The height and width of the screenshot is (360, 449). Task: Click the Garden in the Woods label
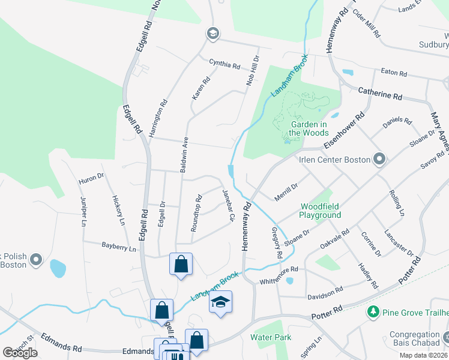pyautogui.click(x=309, y=127)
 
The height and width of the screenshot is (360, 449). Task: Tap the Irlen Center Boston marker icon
pyautogui.click(x=379, y=160)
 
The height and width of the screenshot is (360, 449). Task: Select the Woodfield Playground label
pyautogui.click(x=321, y=210)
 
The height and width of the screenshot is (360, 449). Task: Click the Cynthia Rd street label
pyautogui.click(x=224, y=62)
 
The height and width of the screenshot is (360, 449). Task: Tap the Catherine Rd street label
pyautogui.click(x=380, y=94)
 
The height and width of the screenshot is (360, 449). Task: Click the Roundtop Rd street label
pyautogui.click(x=195, y=214)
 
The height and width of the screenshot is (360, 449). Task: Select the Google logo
pyautogui.click(x=20, y=353)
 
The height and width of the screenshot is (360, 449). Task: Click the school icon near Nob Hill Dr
pyautogui.click(x=212, y=34)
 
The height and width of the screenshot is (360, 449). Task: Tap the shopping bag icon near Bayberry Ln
pyautogui.click(x=181, y=264)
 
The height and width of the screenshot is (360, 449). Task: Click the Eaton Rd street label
pyautogui.click(x=394, y=72)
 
